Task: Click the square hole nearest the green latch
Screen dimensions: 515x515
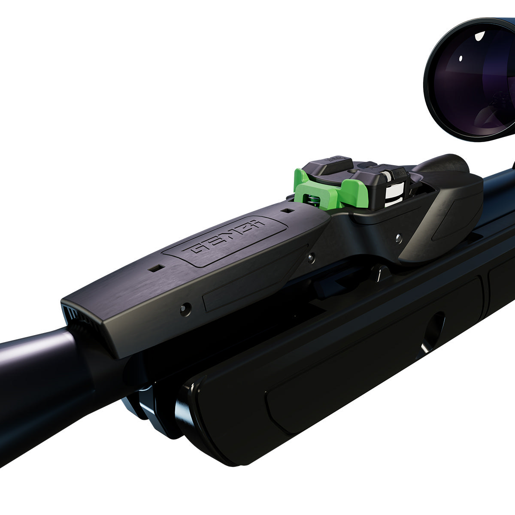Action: [x=287, y=211]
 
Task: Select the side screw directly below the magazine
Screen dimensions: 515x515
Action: [x=399, y=236]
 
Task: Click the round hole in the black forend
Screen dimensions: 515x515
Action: [x=433, y=333]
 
